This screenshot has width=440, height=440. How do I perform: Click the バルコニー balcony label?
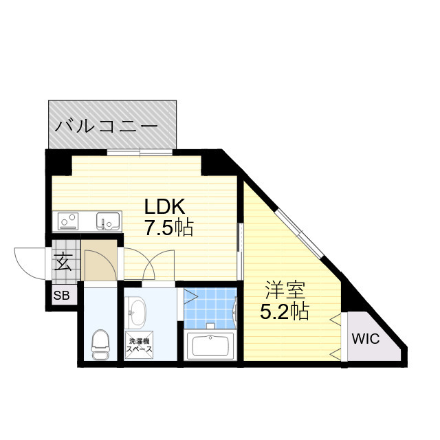pos(107,126)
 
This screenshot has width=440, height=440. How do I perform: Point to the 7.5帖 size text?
pos(168,227)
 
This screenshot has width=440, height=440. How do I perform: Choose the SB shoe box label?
pos(61,296)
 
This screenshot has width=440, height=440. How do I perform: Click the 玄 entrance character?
pos(63,261)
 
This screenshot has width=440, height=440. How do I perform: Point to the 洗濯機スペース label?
pos(138,344)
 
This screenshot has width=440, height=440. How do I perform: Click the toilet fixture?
pos(101,342)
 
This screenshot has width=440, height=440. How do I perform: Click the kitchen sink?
pos(107,221)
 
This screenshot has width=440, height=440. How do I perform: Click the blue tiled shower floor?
pos(210,307)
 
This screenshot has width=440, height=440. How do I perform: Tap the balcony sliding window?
pos(140,151)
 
